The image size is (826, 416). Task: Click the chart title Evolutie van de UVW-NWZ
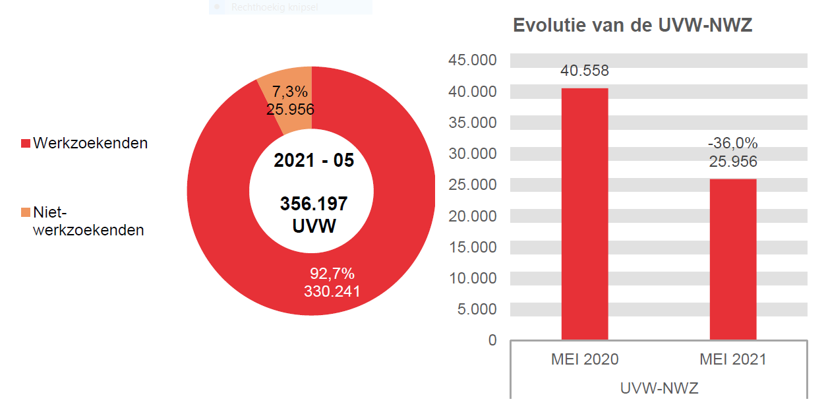coord(633,26)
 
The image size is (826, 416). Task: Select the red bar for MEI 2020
coord(585,214)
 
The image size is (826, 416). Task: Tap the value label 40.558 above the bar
coord(585,71)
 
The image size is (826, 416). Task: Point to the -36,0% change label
coord(733,143)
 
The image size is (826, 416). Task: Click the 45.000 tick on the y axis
coord(473,61)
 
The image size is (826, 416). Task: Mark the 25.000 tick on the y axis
coord(473,185)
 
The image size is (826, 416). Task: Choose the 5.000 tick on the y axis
coord(477,309)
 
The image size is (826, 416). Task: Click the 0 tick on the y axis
coord(492,340)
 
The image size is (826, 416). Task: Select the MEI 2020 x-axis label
coord(585,359)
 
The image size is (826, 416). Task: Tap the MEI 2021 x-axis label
coord(733,359)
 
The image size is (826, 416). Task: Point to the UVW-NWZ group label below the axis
coord(659,388)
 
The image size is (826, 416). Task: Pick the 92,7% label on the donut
coord(332,274)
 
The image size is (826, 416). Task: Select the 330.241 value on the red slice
coord(332,291)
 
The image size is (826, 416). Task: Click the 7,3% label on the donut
coord(290,92)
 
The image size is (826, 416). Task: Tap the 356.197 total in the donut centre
coord(314,204)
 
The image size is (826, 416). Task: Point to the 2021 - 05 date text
coord(314,160)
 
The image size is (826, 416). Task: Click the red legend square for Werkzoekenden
coord(26,143)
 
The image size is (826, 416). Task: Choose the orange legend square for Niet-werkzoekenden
coord(26,212)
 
